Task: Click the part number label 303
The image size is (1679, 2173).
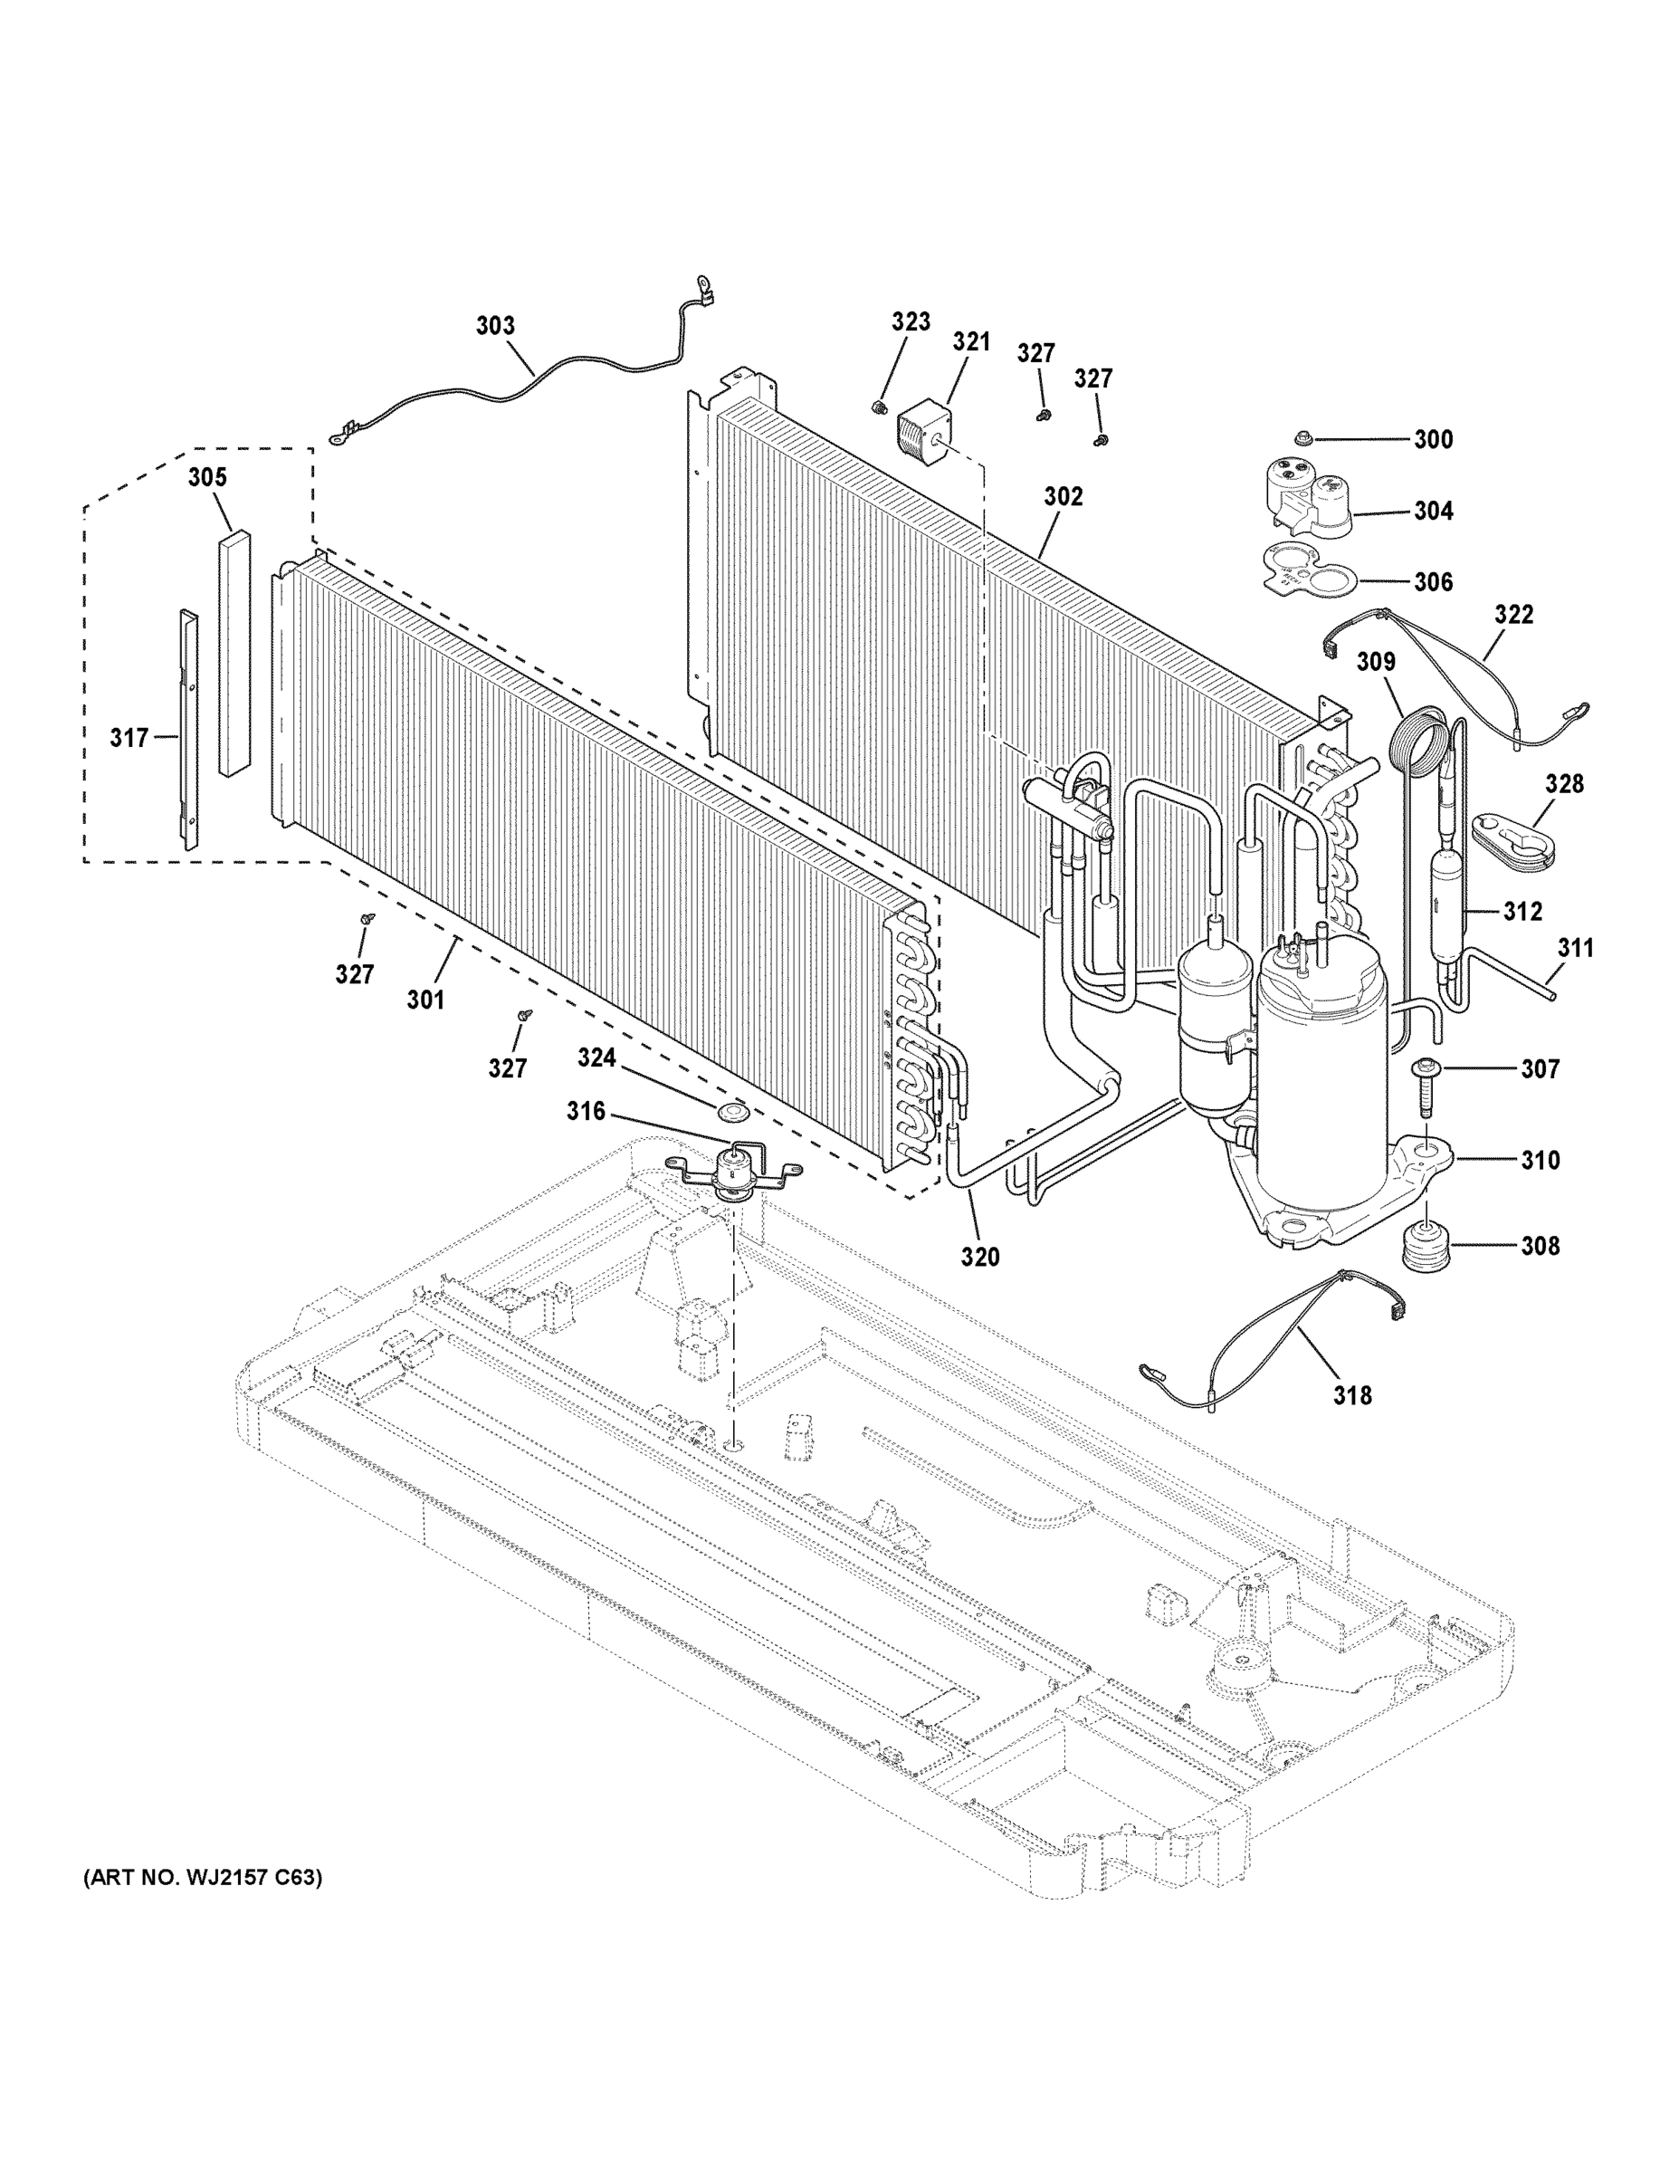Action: pos(495,325)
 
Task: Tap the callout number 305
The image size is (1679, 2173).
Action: pos(208,476)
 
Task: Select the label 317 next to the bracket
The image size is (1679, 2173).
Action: pos(129,737)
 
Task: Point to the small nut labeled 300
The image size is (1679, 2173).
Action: pos(1306,438)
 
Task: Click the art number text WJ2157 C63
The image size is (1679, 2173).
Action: pos(202,1879)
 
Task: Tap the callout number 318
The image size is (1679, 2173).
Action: pos(1353,1395)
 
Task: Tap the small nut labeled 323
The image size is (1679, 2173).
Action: pos(878,406)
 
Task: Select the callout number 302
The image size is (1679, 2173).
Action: pos(1064,495)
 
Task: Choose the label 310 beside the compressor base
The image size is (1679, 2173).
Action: pos(1540,1159)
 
